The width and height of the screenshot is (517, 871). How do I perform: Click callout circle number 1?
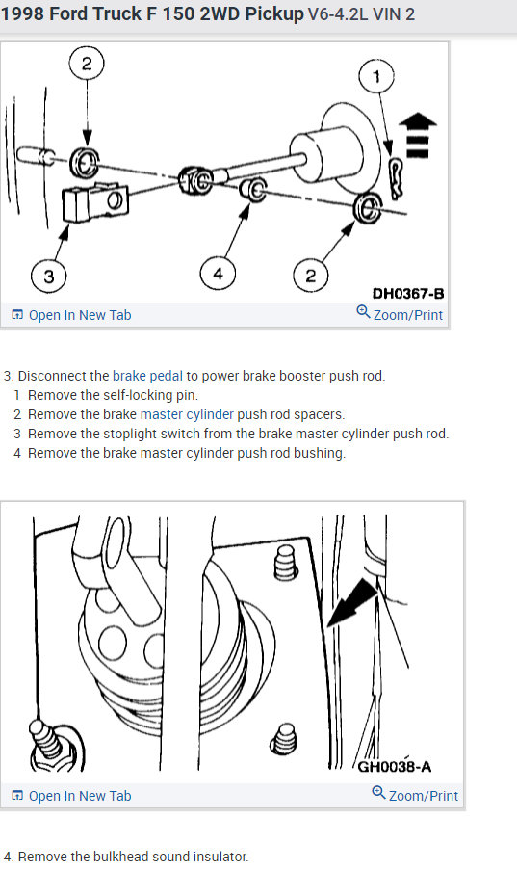[x=376, y=77]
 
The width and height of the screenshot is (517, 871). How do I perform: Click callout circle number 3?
[x=49, y=276]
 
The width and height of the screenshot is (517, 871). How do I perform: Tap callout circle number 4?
[x=218, y=273]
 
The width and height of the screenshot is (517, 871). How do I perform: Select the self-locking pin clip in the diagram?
[x=396, y=178]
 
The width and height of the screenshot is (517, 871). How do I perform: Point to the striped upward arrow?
[x=418, y=136]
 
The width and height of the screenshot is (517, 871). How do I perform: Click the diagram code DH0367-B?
[x=408, y=293]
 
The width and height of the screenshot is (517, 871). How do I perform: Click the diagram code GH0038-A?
[x=395, y=767]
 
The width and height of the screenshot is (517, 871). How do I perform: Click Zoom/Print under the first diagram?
[x=408, y=315]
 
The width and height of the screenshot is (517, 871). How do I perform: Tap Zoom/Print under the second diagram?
[x=424, y=796]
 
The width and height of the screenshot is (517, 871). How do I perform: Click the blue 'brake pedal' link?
[x=147, y=376]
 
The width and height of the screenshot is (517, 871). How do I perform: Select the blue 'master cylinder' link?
[x=187, y=414]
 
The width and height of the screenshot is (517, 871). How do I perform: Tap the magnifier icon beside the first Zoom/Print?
[x=363, y=311]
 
